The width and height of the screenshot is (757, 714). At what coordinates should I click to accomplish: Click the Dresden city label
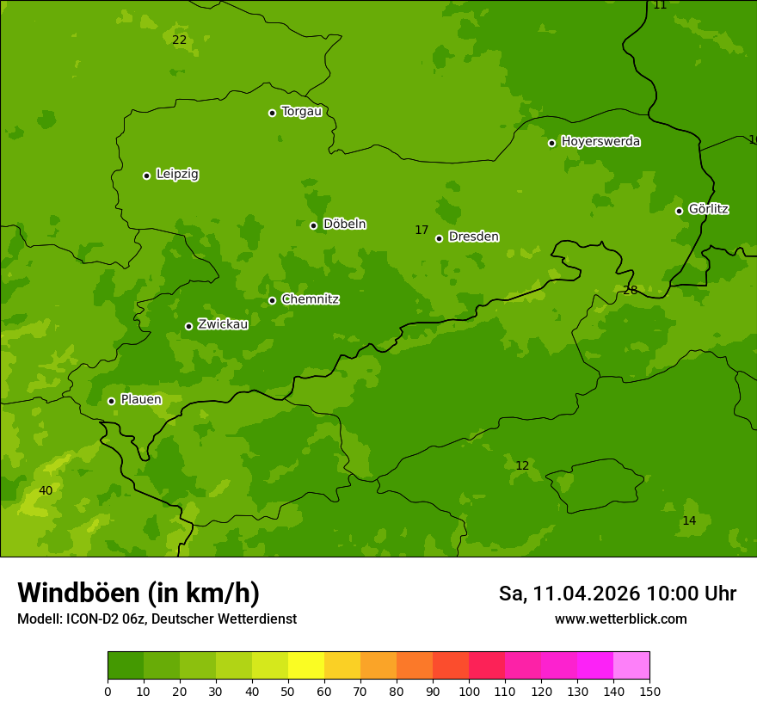(x=473, y=237)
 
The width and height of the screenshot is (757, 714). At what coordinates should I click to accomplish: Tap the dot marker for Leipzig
(x=146, y=175)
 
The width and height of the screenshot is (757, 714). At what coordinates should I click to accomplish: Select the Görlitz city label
(x=708, y=209)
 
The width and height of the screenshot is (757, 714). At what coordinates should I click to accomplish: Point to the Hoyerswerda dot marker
(x=551, y=143)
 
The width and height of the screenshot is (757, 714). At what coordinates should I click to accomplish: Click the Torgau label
(x=301, y=112)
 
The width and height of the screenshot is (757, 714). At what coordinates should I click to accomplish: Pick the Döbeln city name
(x=344, y=225)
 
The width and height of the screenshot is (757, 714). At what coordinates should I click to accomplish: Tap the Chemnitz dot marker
(x=272, y=300)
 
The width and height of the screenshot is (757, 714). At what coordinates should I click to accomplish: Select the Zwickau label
(x=223, y=324)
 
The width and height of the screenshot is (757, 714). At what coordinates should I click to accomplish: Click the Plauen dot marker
(x=111, y=401)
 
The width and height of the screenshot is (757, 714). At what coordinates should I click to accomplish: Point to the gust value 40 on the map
(x=46, y=490)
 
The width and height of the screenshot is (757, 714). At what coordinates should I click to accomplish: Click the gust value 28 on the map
(x=631, y=291)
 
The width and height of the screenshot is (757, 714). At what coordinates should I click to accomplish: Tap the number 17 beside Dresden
(x=422, y=230)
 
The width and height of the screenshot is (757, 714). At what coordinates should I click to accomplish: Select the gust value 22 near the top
(x=179, y=40)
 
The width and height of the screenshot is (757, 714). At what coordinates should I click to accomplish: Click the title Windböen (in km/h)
(x=138, y=593)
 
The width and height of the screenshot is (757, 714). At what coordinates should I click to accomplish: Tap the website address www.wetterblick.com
(x=620, y=619)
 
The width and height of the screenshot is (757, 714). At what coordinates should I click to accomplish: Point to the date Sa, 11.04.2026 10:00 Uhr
(x=617, y=594)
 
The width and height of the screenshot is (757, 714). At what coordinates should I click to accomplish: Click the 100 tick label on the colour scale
(x=469, y=691)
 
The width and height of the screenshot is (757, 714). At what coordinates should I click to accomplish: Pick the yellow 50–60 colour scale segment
(x=306, y=666)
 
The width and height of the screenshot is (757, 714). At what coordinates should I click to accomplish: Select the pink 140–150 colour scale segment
(x=631, y=666)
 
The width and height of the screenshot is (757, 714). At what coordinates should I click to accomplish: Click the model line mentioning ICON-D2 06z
(x=157, y=619)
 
